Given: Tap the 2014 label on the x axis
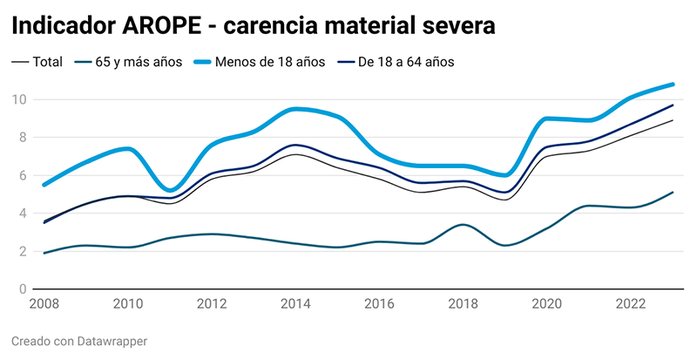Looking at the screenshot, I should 296,304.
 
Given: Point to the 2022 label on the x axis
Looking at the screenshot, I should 630,304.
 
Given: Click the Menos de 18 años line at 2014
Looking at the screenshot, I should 296,109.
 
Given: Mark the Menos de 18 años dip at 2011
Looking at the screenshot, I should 172,190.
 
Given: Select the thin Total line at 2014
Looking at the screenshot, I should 296,154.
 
